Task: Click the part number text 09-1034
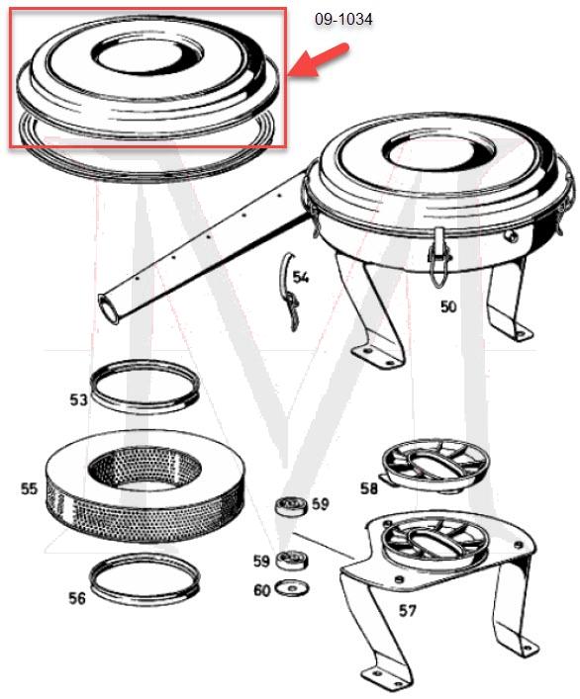(x=344, y=18)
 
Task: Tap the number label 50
(x=448, y=306)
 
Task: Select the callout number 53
(x=78, y=399)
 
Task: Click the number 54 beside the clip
(x=300, y=278)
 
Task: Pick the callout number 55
(x=30, y=488)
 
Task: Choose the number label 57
(x=407, y=611)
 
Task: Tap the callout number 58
(x=369, y=487)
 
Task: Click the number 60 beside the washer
(x=261, y=591)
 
